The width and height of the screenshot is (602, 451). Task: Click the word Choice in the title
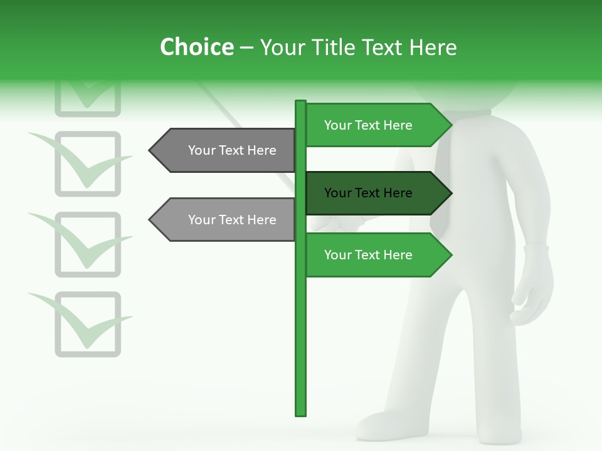pyautogui.click(x=196, y=48)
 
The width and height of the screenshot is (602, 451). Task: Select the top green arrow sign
pyautogui.click(x=376, y=125)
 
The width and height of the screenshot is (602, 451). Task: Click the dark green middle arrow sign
pyautogui.click(x=376, y=193)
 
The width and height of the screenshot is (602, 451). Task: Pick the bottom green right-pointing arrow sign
pyautogui.click(x=376, y=255)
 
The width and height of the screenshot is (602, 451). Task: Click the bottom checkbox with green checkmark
pyautogui.click(x=88, y=324)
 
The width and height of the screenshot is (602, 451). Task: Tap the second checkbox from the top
pyautogui.click(x=88, y=163)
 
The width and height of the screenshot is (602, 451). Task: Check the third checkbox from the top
pyautogui.click(x=88, y=244)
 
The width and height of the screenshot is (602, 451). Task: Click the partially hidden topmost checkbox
pyautogui.click(x=88, y=100)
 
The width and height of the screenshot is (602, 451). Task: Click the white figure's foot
pyautogui.click(x=383, y=426)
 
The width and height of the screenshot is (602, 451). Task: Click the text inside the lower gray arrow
pyautogui.click(x=232, y=220)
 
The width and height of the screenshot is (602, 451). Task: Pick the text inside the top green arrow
pyautogui.click(x=368, y=125)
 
